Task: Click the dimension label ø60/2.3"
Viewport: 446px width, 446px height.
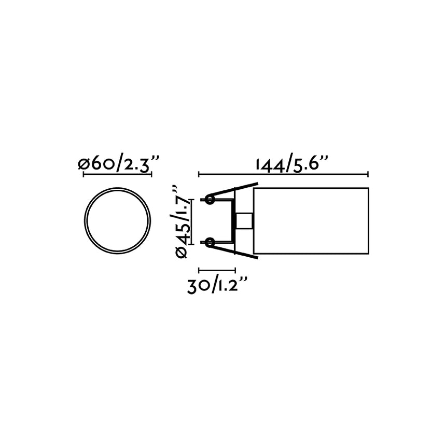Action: click(x=117, y=164)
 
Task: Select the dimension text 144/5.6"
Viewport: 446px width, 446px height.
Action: click(x=292, y=164)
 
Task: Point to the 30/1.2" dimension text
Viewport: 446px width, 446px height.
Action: click(x=218, y=286)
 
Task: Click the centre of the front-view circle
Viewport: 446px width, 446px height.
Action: click(x=117, y=220)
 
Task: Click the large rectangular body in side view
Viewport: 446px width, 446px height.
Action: click(x=311, y=220)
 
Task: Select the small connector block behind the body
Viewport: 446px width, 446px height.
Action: click(x=244, y=220)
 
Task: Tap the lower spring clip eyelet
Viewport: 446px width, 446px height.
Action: click(x=210, y=242)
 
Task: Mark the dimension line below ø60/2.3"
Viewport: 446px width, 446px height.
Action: click(x=117, y=174)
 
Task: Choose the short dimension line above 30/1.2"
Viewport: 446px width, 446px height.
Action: click(x=217, y=270)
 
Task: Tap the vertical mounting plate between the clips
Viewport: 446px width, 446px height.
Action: click(x=235, y=220)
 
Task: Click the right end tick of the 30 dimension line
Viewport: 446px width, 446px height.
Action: click(x=235, y=270)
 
